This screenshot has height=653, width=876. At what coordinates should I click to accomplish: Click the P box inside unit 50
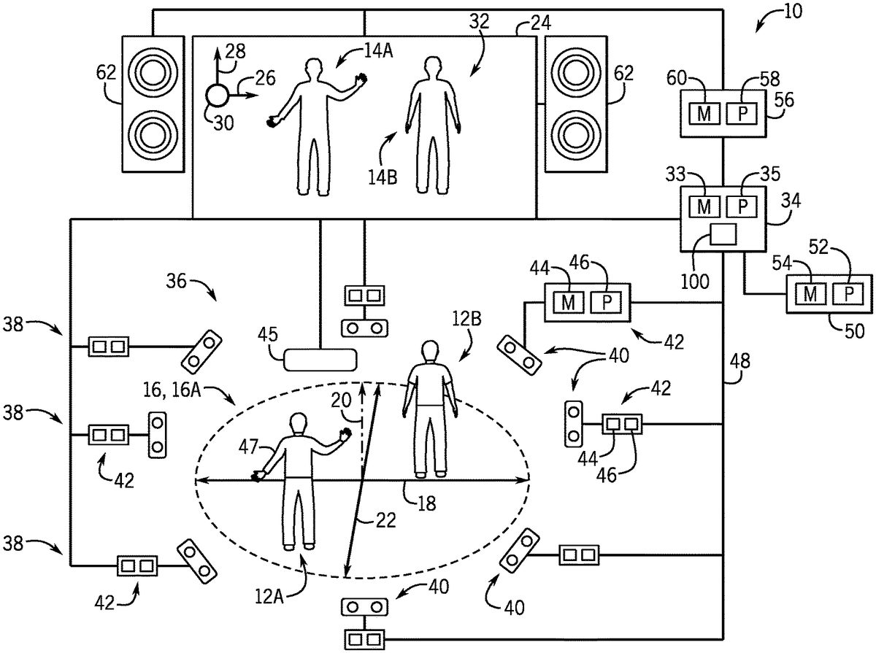(848, 294)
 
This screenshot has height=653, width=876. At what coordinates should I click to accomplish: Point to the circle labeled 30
(217, 95)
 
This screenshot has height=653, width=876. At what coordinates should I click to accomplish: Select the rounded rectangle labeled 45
(320, 358)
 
